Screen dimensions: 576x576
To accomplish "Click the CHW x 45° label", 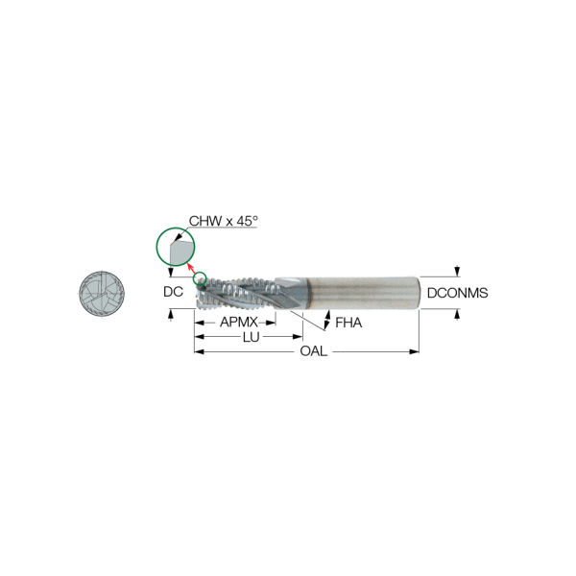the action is (x=224, y=221).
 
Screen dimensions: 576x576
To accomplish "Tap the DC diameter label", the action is (x=173, y=292).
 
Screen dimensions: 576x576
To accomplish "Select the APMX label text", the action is (x=239, y=323).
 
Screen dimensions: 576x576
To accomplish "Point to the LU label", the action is (x=252, y=337).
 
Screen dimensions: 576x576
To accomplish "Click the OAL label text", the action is (x=313, y=351).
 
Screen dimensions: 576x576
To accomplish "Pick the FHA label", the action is (x=348, y=323).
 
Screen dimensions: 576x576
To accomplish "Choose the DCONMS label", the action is (x=457, y=293).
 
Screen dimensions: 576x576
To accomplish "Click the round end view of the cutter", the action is (x=102, y=293).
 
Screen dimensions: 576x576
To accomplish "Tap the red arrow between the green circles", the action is (x=192, y=268).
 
